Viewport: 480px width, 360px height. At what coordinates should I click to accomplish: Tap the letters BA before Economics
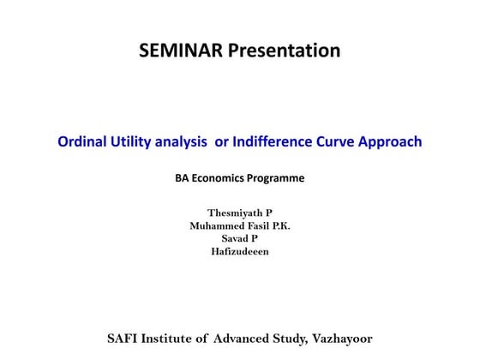pyautogui.click(x=183, y=179)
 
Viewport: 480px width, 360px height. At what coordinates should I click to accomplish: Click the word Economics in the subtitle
pyautogui.click(x=221, y=179)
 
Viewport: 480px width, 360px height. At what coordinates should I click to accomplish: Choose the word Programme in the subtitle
pyautogui.click(x=278, y=179)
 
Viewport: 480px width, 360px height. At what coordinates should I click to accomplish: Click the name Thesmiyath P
pyautogui.click(x=240, y=212)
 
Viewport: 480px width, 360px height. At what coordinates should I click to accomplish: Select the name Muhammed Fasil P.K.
pyautogui.click(x=240, y=225)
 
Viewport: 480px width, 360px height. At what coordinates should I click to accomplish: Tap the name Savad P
pyautogui.click(x=240, y=237)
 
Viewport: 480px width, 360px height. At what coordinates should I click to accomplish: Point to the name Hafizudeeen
pyautogui.click(x=240, y=251)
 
